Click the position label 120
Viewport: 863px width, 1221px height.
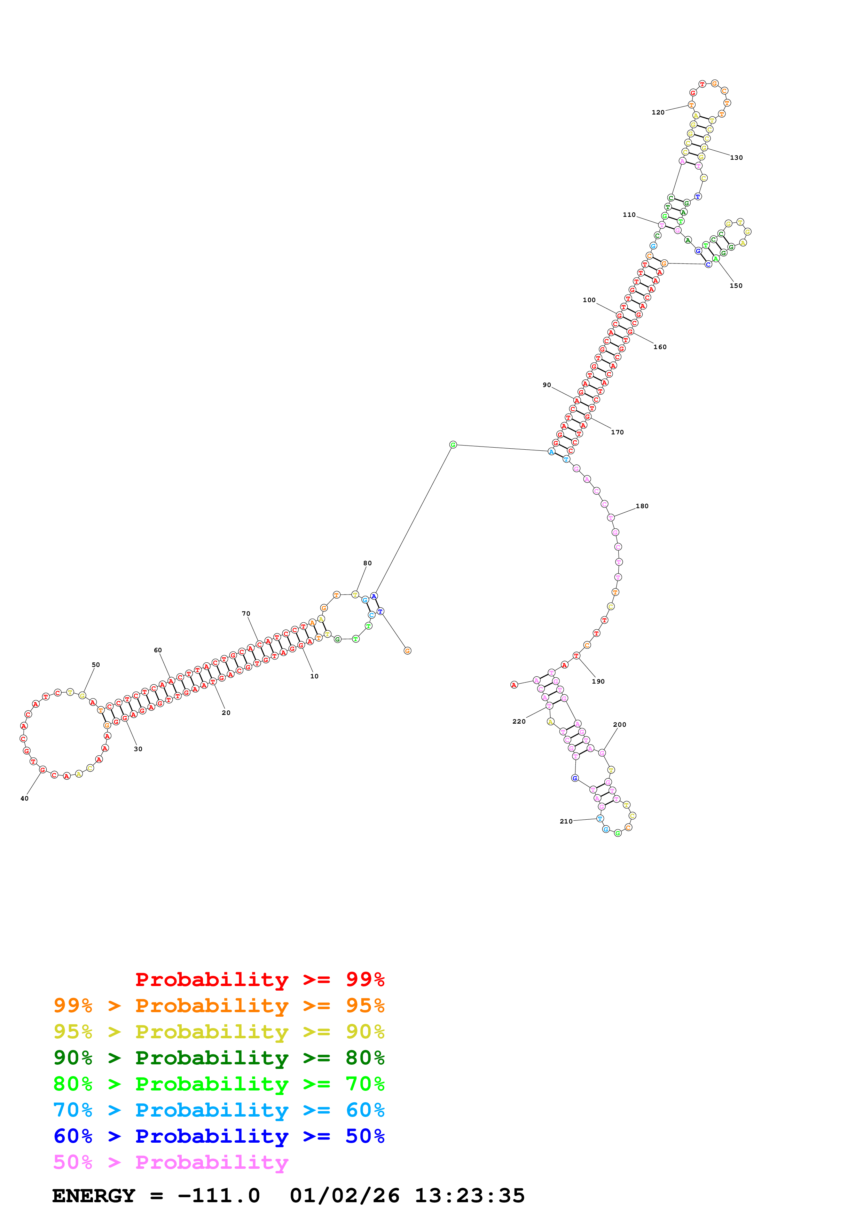point(658,112)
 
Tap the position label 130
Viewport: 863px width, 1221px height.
point(736,157)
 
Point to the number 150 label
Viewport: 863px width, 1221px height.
point(735,285)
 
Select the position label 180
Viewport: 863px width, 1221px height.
point(642,506)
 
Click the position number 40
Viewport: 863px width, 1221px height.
point(24,798)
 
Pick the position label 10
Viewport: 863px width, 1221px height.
point(314,676)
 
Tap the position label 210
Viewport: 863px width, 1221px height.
point(566,821)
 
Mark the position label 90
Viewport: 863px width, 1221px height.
point(547,385)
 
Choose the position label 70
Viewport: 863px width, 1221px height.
point(246,613)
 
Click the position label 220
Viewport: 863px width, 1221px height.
point(518,721)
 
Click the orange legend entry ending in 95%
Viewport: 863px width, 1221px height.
point(219,1005)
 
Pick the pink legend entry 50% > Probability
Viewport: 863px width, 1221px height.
point(171,1162)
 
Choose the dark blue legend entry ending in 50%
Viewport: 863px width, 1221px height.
point(219,1136)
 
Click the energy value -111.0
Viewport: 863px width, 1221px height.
point(219,1196)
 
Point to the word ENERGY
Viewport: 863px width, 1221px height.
point(94,1196)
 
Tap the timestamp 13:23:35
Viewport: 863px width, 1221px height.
point(470,1196)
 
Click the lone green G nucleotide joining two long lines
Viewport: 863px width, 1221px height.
point(453,444)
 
